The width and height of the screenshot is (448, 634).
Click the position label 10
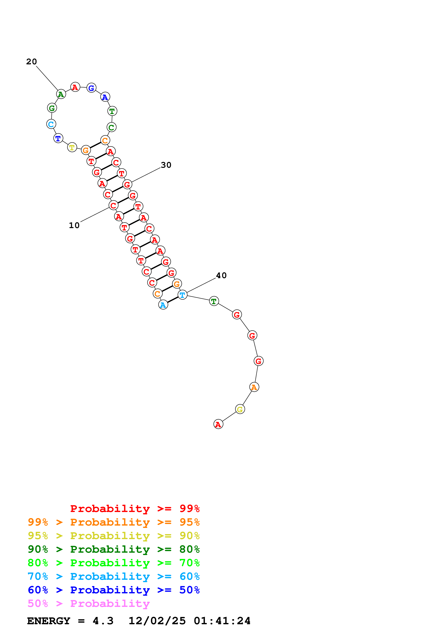tap(74, 225)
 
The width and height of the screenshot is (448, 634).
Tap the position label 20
tap(31, 62)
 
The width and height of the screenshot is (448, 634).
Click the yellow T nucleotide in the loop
tap(72, 147)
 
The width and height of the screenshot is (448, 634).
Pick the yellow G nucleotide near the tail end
tap(240, 409)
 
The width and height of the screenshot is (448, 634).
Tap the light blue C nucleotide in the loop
tap(51, 124)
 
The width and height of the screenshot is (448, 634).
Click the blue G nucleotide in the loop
tap(91, 88)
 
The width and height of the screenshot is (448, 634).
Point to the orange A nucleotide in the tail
tap(254, 387)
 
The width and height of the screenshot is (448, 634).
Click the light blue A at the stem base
tap(163, 305)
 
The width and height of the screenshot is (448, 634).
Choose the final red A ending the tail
tap(218, 424)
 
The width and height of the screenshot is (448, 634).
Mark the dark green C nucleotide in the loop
tap(112, 127)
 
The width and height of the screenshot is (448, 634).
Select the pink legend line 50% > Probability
tap(89, 604)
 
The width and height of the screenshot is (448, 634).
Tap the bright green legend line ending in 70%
tap(113, 563)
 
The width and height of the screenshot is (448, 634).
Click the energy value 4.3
tap(103, 621)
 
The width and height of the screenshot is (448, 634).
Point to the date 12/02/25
tap(157, 621)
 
